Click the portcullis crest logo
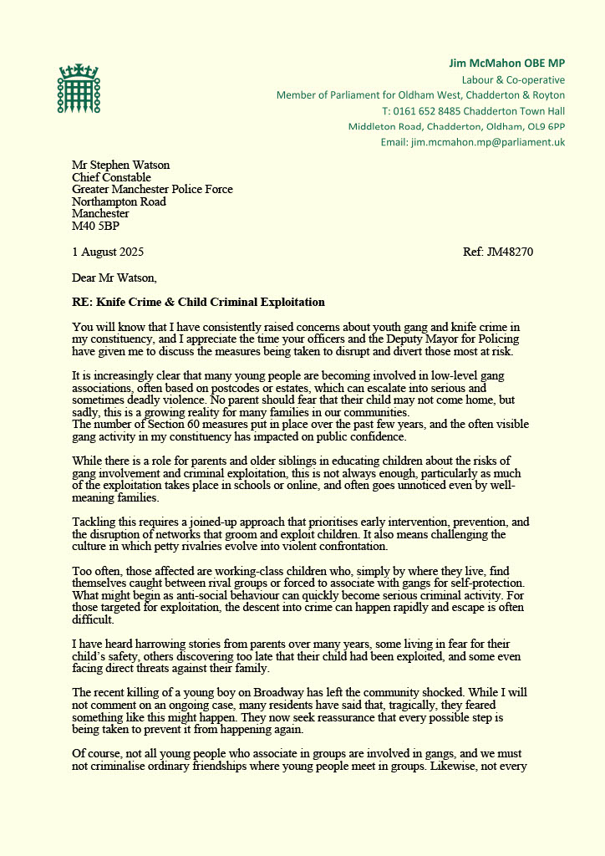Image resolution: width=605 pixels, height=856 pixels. pos(78,90)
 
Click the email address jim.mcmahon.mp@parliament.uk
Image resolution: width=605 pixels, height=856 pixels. pos(488,142)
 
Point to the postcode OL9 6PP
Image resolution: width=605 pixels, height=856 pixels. pos(547,126)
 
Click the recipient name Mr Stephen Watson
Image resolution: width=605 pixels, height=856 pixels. pos(120,165)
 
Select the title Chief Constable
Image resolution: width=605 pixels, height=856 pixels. pos(111,177)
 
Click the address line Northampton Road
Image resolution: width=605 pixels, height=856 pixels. pos(119,201)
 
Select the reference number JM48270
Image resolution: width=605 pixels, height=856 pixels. pos(512,252)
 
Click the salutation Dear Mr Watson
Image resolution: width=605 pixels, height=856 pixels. pos(114,278)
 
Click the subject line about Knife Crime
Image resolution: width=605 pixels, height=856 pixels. pos(198,302)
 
